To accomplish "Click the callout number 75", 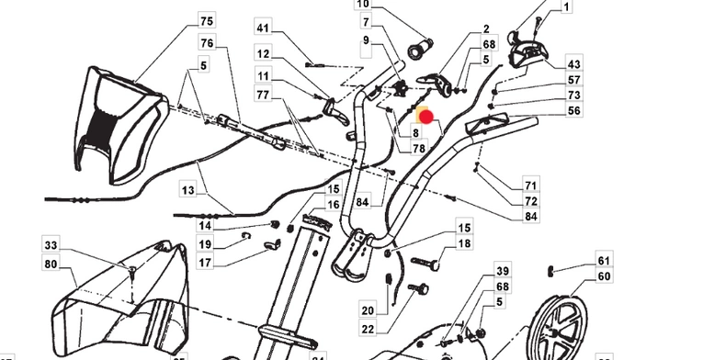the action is [207, 21].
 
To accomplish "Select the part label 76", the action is [207, 43].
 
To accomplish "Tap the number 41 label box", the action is [263, 28].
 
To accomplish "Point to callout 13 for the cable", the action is [188, 190].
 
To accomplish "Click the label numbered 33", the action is [51, 245].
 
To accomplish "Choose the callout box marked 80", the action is [51, 264].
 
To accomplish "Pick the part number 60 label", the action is [605, 276].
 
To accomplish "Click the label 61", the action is [605, 261].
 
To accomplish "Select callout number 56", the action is [573, 110].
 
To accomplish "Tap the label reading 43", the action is [573, 64].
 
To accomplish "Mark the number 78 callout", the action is [419, 148].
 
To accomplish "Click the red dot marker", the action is [425, 118].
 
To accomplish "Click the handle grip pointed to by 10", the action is [421, 48].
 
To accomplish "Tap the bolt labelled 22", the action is [418, 288].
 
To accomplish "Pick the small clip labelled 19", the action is [246, 236].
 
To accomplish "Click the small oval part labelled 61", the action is [550, 271].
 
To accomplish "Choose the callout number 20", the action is [368, 310].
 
